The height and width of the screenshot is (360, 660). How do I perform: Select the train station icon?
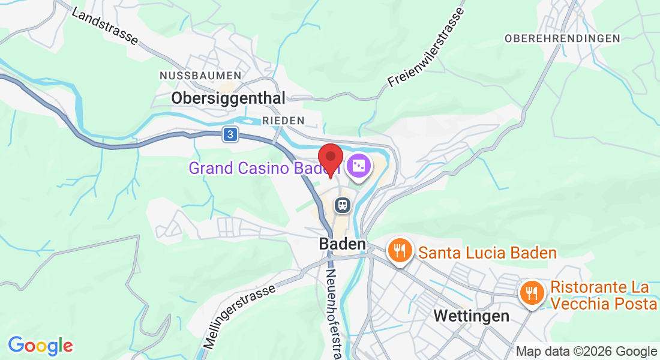pos(343,205)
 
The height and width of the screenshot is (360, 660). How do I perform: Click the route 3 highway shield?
pos(229,135)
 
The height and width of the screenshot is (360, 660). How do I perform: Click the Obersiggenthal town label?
pos(229,98)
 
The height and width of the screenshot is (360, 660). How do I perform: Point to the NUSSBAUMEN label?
pos(200,76)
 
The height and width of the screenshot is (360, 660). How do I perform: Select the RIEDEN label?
pos(283,121)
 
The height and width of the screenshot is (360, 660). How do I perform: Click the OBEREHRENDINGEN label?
pos(562,38)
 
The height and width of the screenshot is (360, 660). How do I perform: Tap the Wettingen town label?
pos(471,316)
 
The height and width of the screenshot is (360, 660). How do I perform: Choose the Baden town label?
pos(342,244)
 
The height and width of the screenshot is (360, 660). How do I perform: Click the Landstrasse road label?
pos(104,27)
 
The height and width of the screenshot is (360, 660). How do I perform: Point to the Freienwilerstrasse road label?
pos(427,46)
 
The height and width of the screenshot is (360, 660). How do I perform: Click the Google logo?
pos(41,346)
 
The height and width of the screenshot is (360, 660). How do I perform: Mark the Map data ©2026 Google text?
pos(587,352)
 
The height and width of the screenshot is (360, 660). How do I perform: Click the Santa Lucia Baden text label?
pos(488,253)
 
